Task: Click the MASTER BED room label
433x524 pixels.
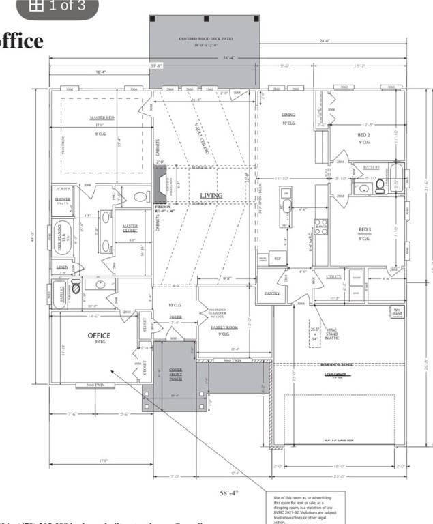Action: (x=102, y=118)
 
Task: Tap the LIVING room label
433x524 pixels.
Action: (x=211, y=196)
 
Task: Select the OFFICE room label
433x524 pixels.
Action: (x=99, y=336)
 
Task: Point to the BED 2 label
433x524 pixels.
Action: (x=365, y=135)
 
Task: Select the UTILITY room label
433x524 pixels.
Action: (x=333, y=276)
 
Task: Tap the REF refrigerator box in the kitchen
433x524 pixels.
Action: (x=278, y=258)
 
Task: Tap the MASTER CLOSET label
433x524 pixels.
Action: (x=130, y=229)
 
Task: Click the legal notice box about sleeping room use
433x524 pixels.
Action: (x=304, y=508)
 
